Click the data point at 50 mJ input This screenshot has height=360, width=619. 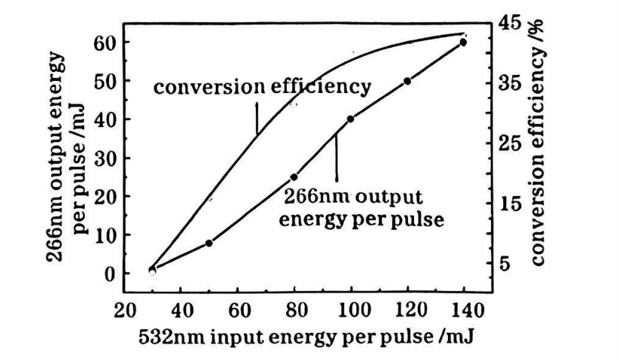point(210,243)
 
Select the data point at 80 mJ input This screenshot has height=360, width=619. point(294,177)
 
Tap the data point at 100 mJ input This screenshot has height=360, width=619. point(350,119)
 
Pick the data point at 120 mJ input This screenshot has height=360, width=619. point(407,81)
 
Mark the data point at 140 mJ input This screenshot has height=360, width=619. point(463,42)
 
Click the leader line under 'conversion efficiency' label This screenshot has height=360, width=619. point(257,117)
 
